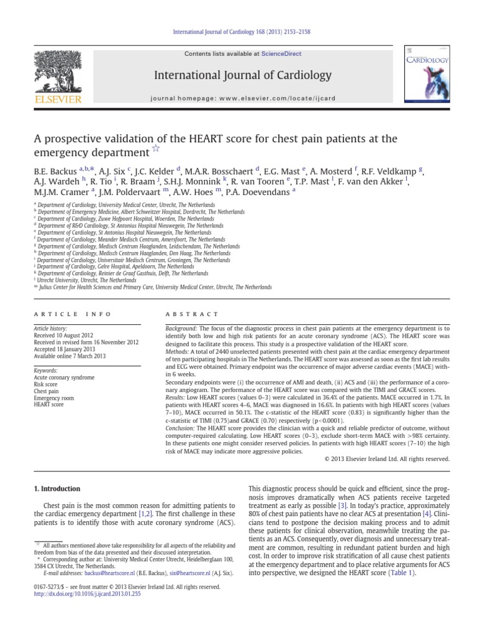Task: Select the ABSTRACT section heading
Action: click(x=192, y=314)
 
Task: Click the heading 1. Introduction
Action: click(x=57, y=489)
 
